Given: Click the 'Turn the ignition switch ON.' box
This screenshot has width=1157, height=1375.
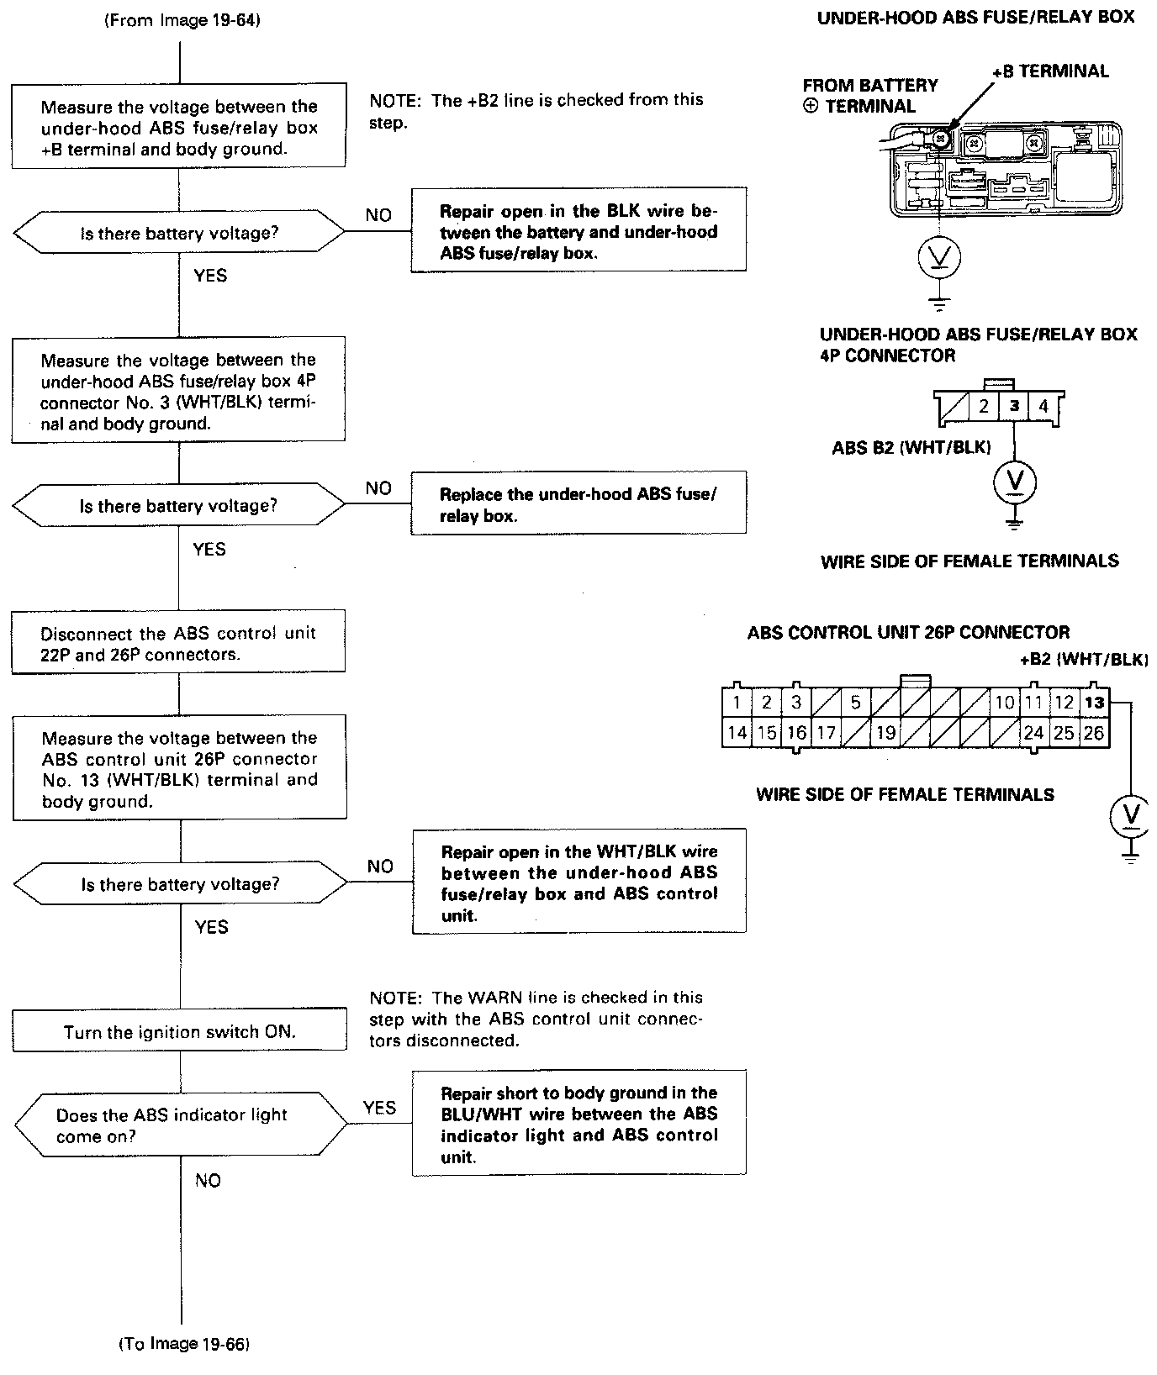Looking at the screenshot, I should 179,1031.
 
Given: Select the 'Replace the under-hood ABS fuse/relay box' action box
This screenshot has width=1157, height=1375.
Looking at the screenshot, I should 578,504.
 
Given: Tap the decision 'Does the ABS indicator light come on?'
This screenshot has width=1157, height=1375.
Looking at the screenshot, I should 180,1125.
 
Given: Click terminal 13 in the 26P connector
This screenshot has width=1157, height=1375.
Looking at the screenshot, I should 1094,703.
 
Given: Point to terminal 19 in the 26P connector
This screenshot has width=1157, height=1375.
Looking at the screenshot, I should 885,733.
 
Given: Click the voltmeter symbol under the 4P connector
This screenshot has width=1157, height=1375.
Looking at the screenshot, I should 1015,482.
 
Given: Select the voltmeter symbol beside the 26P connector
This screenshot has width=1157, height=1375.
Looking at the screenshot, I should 1132,814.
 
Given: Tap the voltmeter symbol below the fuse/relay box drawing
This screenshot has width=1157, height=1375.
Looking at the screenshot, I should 940,258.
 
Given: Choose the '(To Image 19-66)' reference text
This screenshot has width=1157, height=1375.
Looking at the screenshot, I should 184,1344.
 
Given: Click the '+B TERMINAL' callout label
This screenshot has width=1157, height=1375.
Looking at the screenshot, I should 1050,71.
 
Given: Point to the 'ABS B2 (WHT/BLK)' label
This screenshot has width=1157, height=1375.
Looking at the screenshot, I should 911,447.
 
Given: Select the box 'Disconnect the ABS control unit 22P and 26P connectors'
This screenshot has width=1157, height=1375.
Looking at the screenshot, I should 178,644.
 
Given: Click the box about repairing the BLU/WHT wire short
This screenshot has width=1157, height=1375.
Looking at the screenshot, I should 578,1124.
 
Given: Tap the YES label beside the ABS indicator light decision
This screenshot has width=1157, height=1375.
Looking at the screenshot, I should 379,1108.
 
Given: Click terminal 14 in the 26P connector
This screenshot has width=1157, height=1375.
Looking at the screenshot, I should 737,733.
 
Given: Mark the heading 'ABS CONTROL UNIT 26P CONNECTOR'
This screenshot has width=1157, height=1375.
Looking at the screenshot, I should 908,633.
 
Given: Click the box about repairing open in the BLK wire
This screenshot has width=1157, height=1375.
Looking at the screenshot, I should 578,231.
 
